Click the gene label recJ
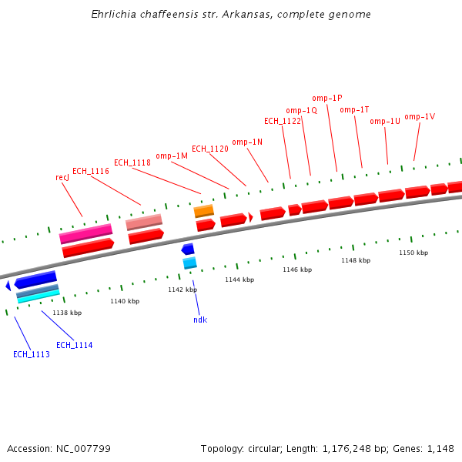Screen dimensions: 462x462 coord(62,177)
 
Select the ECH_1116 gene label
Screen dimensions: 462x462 coord(91,171)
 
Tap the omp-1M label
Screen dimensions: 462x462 coord(172,156)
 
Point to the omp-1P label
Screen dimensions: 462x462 coord(327,98)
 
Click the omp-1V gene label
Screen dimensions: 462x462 coord(420,116)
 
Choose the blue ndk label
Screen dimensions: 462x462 coord(200,320)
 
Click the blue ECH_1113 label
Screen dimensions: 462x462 coord(32,354)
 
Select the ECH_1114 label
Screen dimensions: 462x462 coord(75,345)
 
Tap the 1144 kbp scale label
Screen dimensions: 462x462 coord(239,280)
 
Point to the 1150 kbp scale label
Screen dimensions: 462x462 coord(413,253)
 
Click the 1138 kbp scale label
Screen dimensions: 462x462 coord(67,313)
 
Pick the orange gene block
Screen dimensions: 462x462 coord(204,210)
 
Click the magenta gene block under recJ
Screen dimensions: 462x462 coord(86,233)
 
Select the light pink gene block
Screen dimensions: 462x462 coord(144,222)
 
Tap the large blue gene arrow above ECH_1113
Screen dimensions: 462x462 coord(35,280)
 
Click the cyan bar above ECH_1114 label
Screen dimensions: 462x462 coord(38,297)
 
